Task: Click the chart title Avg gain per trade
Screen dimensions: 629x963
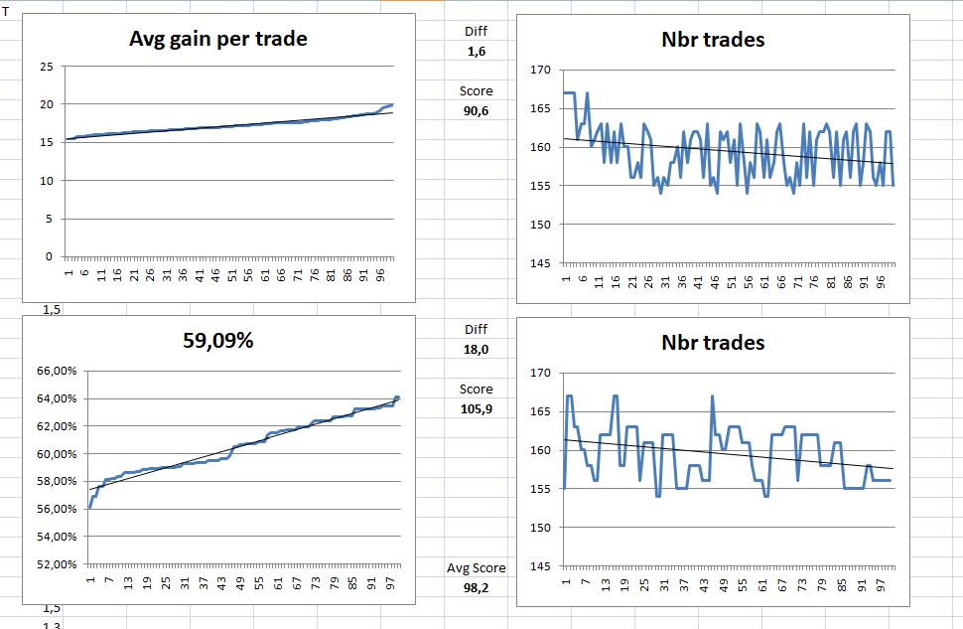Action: pyautogui.click(x=218, y=40)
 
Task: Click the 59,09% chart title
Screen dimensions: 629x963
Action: pyautogui.click(x=218, y=340)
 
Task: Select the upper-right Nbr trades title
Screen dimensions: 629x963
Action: pyautogui.click(x=713, y=40)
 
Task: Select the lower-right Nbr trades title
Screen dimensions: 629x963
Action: pyautogui.click(x=713, y=342)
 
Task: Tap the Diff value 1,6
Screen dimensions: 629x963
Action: pyautogui.click(x=477, y=51)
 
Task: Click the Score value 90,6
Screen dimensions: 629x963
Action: pyautogui.click(x=477, y=110)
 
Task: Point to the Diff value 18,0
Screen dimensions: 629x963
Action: pyautogui.click(x=477, y=349)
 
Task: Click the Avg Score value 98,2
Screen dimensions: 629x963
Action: pyautogui.click(x=477, y=588)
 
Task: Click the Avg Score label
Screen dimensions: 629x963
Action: pyautogui.click(x=477, y=568)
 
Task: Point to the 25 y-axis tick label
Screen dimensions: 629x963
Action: pyautogui.click(x=47, y=68)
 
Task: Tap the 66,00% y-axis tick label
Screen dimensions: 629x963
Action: pyautogui.click(x=57, y=371)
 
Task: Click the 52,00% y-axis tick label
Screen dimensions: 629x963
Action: pyautogui.click(x=57, y=564)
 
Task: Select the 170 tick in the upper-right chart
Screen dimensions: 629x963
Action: pyautogui.click(x=540, y=70)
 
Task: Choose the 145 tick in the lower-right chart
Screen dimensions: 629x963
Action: pyautogui.click(x=540, y=566)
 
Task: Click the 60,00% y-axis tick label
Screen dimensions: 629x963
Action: pyautogui.click(x=57, y=454)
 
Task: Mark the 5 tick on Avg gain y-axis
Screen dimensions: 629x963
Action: pyautogui.click(x=50, y=219)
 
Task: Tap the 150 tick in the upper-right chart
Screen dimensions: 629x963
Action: pyautogui.click(x=540, y=225)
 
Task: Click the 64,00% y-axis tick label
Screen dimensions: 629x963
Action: pyautogui.click(x=57, y=398)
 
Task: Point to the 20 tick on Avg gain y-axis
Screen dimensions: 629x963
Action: pyautogui.click(x=47, y=105)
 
